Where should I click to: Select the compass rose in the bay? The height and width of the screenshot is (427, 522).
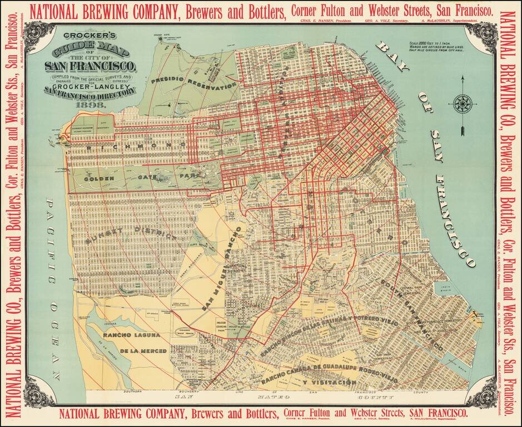461,103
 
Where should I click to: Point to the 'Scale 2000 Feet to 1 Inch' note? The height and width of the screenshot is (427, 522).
439,43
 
